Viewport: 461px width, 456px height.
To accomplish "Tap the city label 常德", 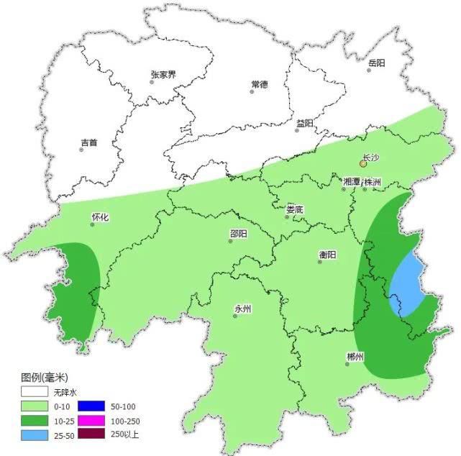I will pyautogui.click(x=259, y=84).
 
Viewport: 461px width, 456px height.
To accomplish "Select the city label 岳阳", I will pyautogui.click(x=376, y=63).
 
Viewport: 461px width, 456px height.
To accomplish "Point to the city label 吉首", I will pyautogui.click(x=89, y=142).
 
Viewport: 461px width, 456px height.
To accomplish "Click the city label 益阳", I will pyautogui.click(x=304, y=123).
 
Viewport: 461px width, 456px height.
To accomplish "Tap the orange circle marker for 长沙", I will pyautogui.click(x=363, y=164).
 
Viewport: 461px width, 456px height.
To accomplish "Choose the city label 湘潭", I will pyautogui.click(x=352, y=182).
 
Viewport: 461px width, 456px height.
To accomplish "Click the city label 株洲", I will pyautogui.click(x=373, y=182).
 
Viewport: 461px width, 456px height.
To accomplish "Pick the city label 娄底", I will pyautogui.click(x=295, y=209).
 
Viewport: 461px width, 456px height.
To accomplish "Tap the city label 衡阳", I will pyautogui.click(x=327, y=254).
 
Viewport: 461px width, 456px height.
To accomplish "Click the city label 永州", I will pyautogui.click(x=242, y=309).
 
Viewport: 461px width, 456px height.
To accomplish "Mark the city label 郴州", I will pyautogui.click(x=355, y=357).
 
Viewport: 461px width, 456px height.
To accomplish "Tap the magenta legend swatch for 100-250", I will pyautogui.click(x=89, y=420).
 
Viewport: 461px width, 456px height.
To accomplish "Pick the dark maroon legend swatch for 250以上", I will pyautogui.click(x=89, y=434).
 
